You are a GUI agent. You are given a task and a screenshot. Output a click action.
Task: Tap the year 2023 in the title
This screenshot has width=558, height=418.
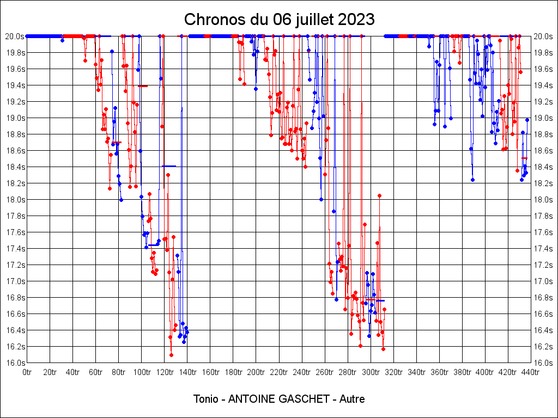point(356,20)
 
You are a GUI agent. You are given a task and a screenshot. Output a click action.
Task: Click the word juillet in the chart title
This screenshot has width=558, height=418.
point(314,20)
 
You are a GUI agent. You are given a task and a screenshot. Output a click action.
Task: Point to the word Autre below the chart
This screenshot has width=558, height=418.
point(351,399)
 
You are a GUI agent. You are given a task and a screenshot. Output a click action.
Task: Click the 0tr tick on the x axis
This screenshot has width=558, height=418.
point(27,372)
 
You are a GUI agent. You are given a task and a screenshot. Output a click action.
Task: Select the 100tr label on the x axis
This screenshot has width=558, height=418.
point(142,372)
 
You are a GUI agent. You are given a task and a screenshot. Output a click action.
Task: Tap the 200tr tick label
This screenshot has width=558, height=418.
point(256,372)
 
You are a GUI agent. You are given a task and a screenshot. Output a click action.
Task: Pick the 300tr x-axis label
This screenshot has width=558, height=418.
point(371,372)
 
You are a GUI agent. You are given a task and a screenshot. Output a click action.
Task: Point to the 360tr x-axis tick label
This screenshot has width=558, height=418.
point(439,372)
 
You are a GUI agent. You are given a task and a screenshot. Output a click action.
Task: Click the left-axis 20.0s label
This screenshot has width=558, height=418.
point(15,36)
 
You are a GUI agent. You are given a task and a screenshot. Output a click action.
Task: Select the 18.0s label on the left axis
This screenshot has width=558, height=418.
point(15,200)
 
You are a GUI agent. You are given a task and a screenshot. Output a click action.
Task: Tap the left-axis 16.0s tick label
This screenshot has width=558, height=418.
point(15,363)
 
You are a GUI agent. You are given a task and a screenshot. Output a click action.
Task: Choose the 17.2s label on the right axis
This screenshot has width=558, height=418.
point(544,265)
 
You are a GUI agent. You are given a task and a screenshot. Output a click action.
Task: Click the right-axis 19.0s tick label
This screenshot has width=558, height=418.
point(544,118)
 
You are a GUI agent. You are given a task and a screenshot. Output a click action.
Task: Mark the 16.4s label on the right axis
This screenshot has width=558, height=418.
point(544,330)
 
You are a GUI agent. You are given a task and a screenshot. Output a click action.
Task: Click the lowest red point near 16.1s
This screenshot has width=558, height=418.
point(171,355)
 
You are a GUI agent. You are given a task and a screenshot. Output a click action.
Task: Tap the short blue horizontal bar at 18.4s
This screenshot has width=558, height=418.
point(169,166)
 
